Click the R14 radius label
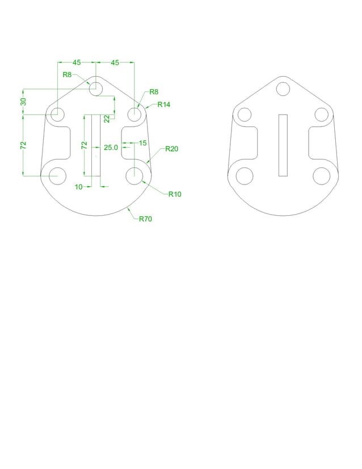tap(164, 104)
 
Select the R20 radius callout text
tap(171, 149)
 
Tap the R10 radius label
tap(174, 194)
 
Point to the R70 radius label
tap(146, 219)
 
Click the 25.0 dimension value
tap(111, 148)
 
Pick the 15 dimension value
tap(143, 143)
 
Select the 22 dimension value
tap(107, 118)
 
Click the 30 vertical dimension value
tap(24, 101)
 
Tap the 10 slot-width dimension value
tap(79, 186)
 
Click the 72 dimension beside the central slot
tap(85, 145)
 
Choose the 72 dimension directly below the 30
tap(24, 145)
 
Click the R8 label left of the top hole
tap(67, 74)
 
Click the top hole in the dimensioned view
tap(96, 89)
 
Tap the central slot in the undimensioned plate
tap(283, 144)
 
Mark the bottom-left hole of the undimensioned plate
tap(245, 175)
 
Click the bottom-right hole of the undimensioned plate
tap(322, 175)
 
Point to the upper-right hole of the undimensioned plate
tap(322, 114)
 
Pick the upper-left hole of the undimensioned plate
tap(245, 114)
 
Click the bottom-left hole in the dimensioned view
tap(57, 175)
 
